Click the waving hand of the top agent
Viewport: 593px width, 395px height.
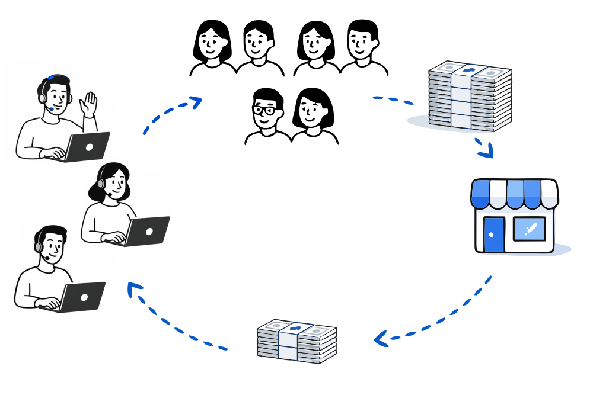click(89, 104)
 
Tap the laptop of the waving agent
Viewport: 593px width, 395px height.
click(88, 146)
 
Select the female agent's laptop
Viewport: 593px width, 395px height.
click(148, 230)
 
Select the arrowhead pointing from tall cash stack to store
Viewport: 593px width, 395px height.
click(486, 151)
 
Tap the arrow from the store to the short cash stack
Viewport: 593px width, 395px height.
click(433, 320)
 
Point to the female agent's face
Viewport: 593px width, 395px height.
click(117, 184)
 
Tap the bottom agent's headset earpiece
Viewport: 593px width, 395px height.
click(39, 243)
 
